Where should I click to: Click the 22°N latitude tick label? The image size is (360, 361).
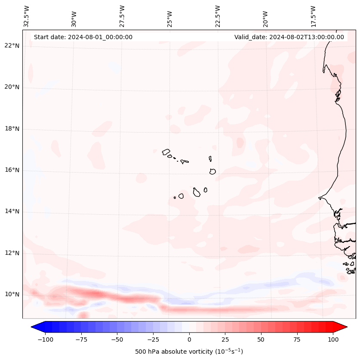pyautogui.click(x=12, y=46)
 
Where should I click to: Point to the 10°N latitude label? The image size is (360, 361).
pyautogui.click(x=12, y=295)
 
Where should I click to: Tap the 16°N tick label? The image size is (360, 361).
pyautogui.click(x=12, y=170)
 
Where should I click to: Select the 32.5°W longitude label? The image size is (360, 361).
pyautogui.click(x=27, y=16)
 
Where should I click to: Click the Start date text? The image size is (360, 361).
pyautogui.click(x=83, y=37)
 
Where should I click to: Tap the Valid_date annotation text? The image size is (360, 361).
pyautogui.click(x=289, y=37)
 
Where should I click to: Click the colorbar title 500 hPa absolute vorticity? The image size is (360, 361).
pyautogui.click(x=189, y=352)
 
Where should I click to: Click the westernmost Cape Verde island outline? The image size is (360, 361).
pyautogui.click(x=166, y=151)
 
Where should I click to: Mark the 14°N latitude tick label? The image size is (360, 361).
pyautogui.click(x=12, y=212)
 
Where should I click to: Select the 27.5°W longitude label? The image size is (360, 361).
pyautogui.click(x=122, y=16)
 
